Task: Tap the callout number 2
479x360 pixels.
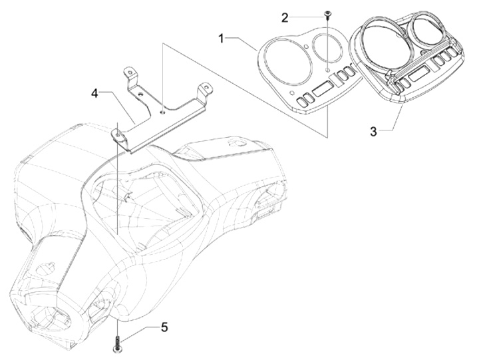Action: click(x=285, y=17)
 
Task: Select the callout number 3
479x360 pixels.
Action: click(x=374, y=131)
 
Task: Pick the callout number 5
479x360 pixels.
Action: click(x=163, y=327)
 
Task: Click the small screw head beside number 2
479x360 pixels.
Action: click(x=328, y=14)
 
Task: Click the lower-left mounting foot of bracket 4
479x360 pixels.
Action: click(x=118, y=136)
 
